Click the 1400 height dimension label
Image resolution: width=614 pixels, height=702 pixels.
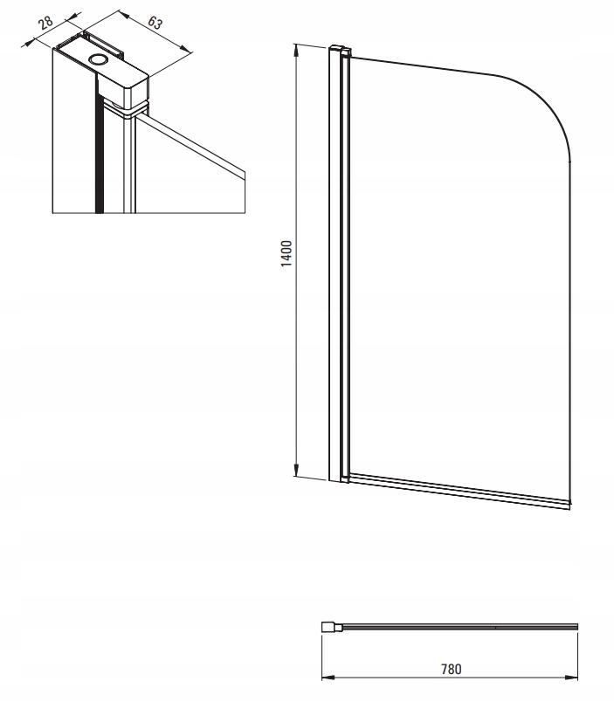[286, 253]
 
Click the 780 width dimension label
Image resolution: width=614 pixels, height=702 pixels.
[451, 669]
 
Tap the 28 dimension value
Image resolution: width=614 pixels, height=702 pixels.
[45, 22]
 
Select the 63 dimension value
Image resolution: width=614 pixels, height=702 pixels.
[155, 23]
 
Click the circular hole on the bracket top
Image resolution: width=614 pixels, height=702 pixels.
[98, 58]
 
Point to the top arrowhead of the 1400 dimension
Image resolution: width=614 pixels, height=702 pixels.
[295, 50]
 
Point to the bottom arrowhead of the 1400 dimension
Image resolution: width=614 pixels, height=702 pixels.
[296, 470]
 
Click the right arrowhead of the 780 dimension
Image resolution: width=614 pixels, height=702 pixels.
[571, 677]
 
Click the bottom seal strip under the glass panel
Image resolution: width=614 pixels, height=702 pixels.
[459, 492]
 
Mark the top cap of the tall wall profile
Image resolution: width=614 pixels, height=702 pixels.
[340, 48]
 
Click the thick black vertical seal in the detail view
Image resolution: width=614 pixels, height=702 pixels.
[99, 148]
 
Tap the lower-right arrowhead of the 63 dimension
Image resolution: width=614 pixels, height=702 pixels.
[186, 49]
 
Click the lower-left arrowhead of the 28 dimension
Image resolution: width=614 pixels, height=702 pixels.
[28, 44]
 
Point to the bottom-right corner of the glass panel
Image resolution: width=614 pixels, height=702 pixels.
[570, 503]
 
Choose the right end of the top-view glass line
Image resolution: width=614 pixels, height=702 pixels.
[577, 627]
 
